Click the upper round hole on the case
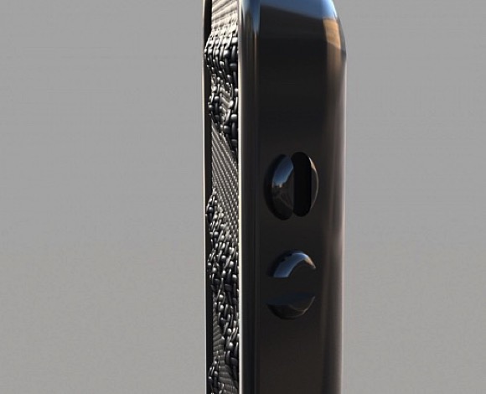coord(291,186)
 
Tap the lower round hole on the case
coord(292,285)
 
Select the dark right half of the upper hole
coord(305,186)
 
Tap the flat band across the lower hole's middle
coord(292,286)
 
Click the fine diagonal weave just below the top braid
coord(221,159)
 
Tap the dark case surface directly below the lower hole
coord(292,352)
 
